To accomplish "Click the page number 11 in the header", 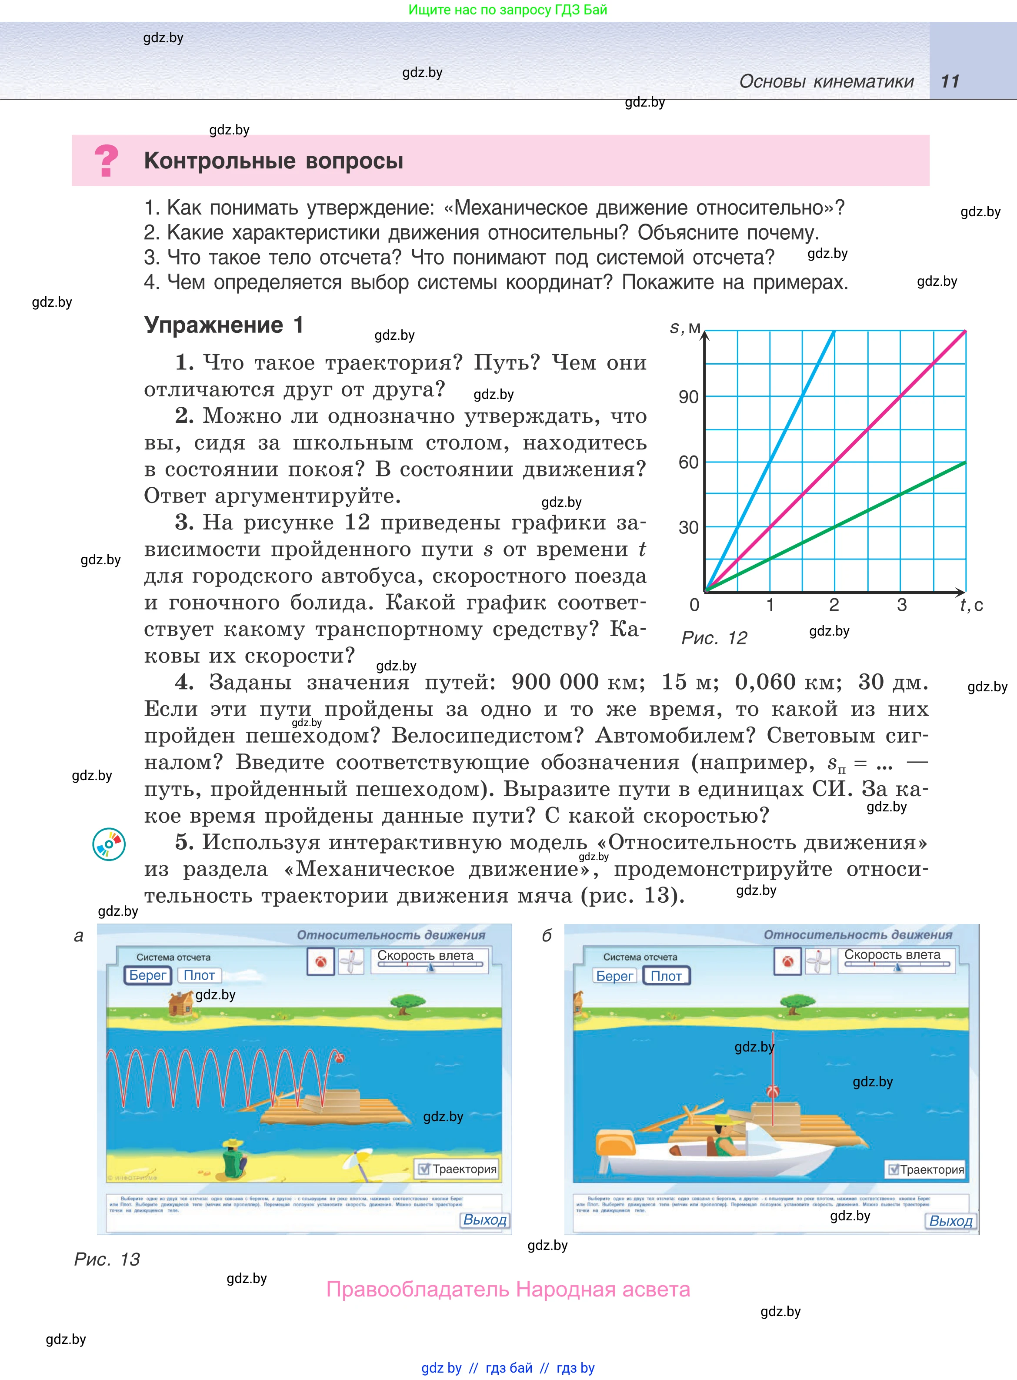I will pos(950,81).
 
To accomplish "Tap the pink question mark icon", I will pos(107,160).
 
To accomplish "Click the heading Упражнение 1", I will pos(223,325).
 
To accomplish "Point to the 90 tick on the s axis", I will pos(688,397).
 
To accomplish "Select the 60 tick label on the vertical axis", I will pos(688,462).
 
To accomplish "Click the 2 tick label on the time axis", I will pos(834,605).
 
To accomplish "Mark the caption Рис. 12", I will pos(714,638).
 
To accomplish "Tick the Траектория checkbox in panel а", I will pos(423,1169).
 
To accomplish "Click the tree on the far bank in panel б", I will pos(797,1004).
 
